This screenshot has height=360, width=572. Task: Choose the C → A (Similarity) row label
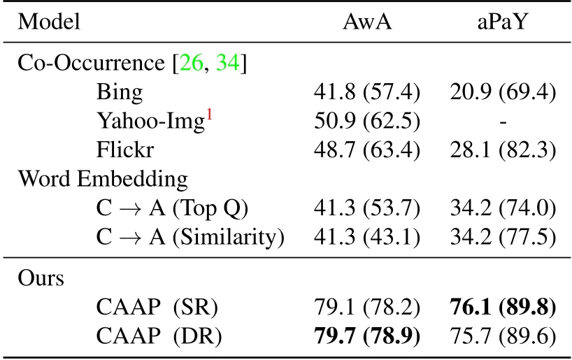pos(190,237)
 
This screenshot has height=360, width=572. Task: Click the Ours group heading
pos(41,278)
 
